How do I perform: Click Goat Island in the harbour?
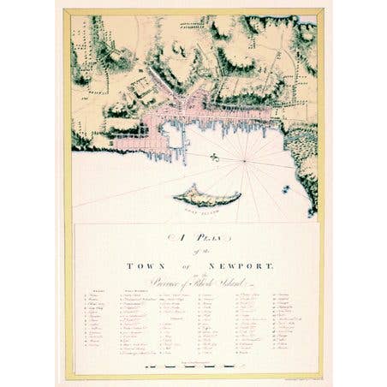(x=205, y=196)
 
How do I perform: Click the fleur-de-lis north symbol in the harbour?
(x=214, y=157)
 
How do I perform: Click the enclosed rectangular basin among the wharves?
(x=174, y=135)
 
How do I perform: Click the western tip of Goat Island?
(x=175, y=199)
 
